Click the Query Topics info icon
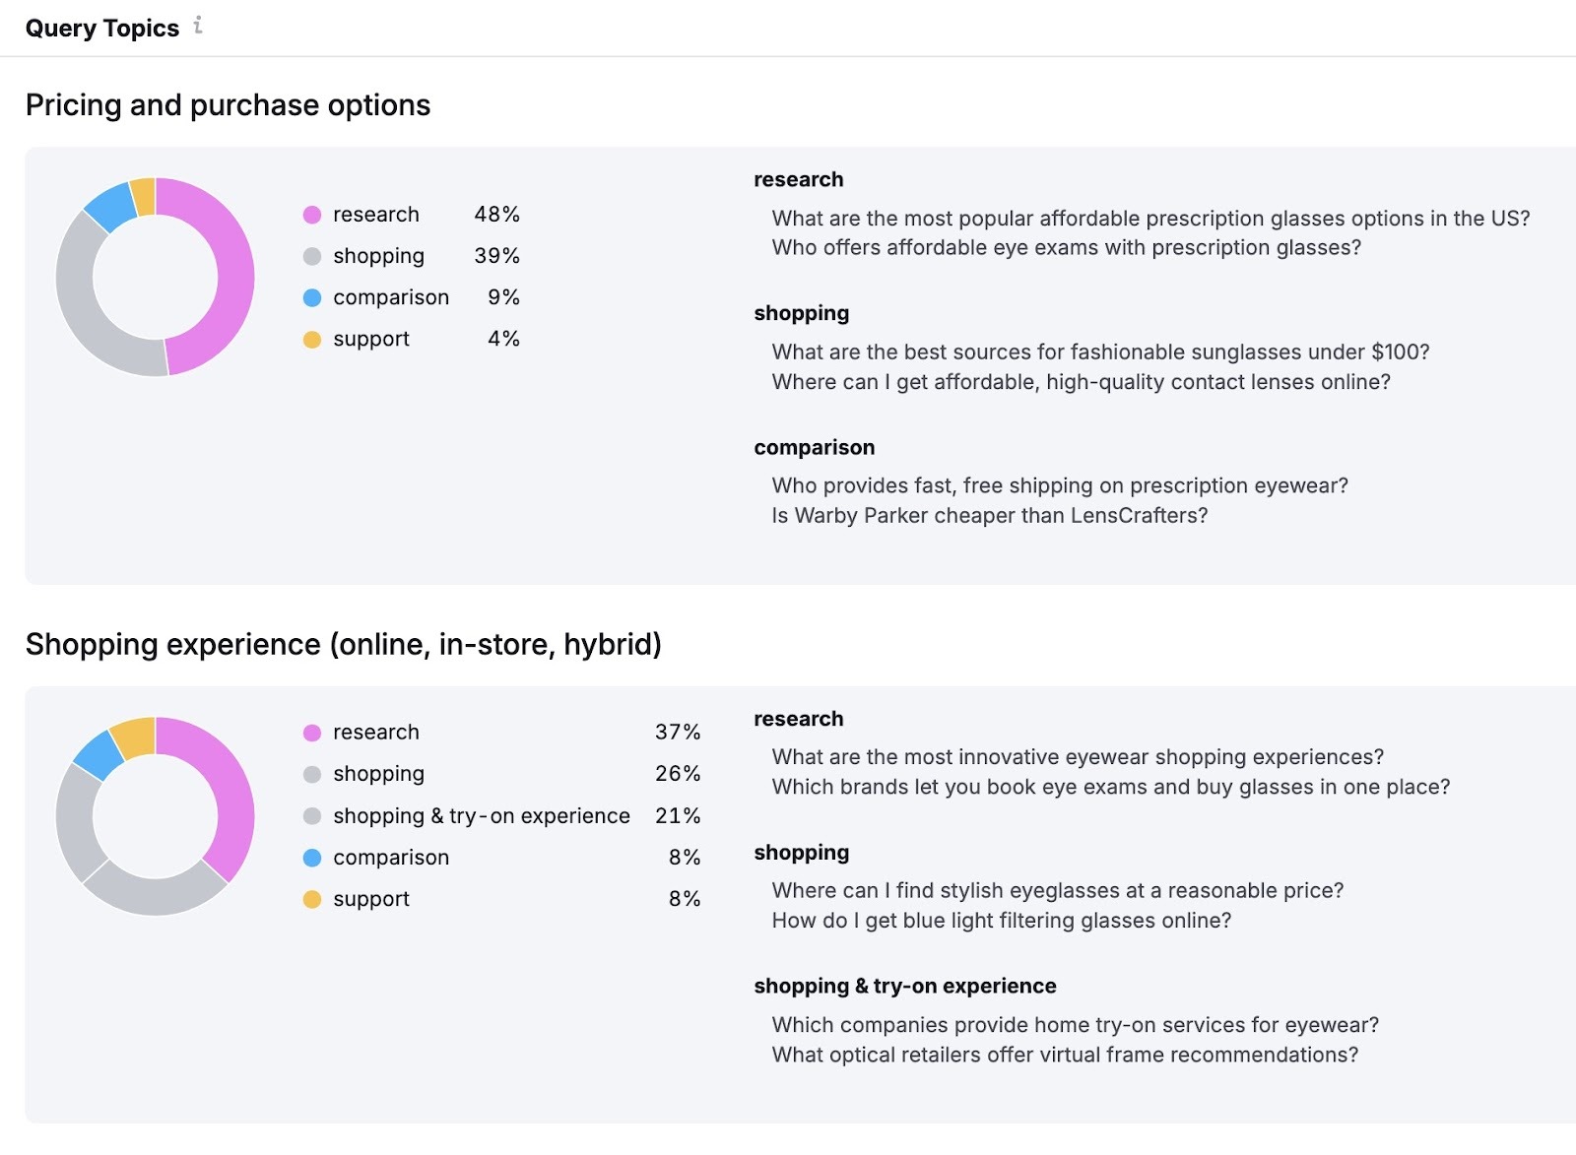198,26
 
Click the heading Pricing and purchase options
228,105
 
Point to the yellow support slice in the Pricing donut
143,196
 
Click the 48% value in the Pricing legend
496,215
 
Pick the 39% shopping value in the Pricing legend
496,256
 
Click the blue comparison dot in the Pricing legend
312,297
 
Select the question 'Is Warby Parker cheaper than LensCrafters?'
989,516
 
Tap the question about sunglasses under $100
1100,353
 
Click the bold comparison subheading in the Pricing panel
814,448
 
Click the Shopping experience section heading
343,645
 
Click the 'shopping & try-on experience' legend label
481,816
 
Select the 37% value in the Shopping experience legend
678,733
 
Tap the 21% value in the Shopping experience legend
678,816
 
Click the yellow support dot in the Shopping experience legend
312,900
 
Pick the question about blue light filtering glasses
1001,921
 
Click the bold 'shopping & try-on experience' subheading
904,987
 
